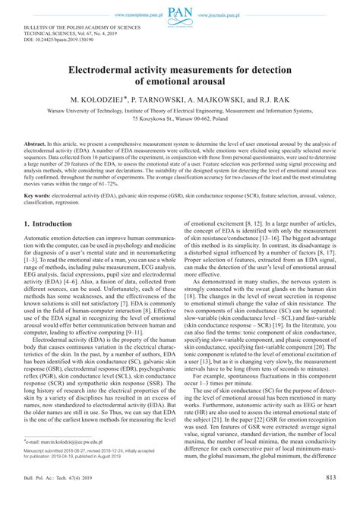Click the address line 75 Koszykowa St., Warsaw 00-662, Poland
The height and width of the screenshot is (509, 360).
[179, 121]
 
